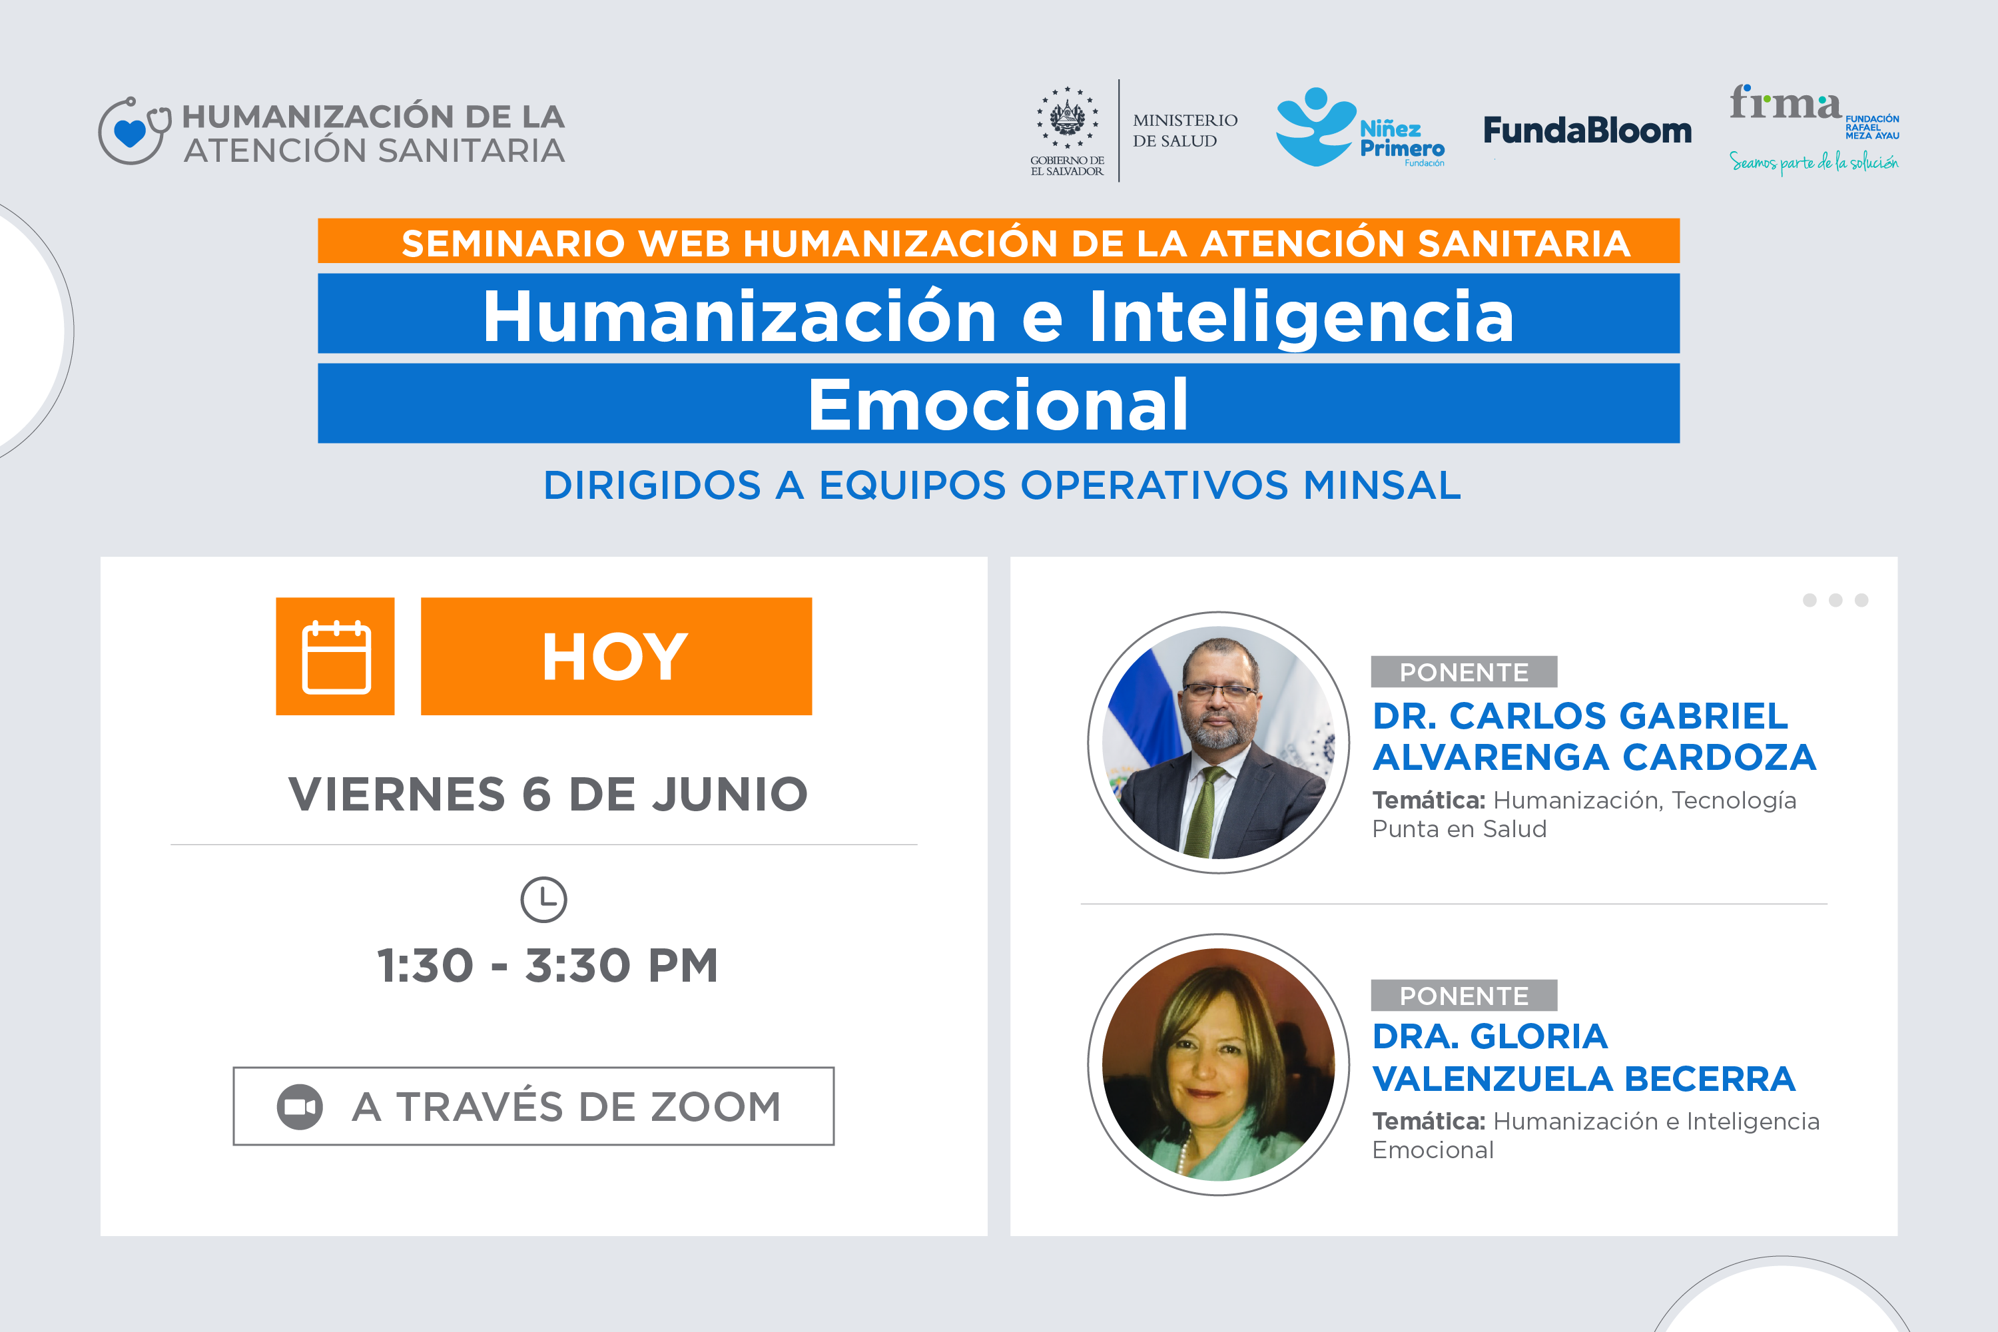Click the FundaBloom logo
pos(1587,130)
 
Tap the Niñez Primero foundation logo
pos(1359,127)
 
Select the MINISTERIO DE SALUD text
pos(1185,131)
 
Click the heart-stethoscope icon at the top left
pos(133,130)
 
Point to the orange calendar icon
pos(336,656)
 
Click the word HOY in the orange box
pos(615,657)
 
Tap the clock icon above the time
pos(543,900)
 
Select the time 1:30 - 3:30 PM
pos(548,965)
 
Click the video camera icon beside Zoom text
pos(300,1107)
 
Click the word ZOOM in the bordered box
pos(715,1107)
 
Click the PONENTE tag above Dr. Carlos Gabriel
pos(1464,672)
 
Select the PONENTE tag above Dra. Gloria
pos(1464,996)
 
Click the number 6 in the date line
pos(536,795)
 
